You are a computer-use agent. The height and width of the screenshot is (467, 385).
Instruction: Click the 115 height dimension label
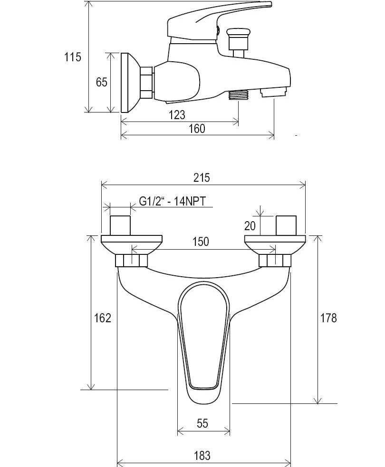(x=72, y=56)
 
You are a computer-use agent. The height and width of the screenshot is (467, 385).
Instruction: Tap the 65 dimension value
(x=101, y=82)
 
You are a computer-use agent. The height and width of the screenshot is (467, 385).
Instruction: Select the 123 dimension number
(x=177, y=115)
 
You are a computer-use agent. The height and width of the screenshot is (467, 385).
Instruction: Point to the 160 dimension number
(x=197, y=129)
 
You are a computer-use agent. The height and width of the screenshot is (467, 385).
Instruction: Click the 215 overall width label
(x=202, y=177)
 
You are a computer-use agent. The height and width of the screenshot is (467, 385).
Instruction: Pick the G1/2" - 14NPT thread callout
(x=173, y=201)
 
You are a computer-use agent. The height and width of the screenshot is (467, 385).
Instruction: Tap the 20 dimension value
(x=250, y=226)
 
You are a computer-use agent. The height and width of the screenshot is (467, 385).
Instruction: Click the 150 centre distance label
(x=201, y=242)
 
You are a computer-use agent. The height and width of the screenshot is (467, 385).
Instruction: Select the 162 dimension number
(x=103, y=318)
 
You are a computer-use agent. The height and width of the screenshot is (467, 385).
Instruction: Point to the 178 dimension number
(x=328, y=318)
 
